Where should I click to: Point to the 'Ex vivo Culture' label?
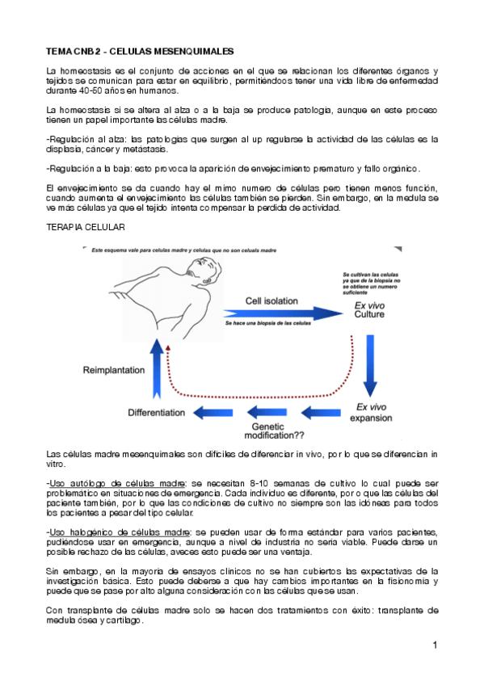[x=369, y=309]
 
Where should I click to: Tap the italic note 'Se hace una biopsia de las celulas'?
[x=267, y=323]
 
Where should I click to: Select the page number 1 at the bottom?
[x=435, y=645]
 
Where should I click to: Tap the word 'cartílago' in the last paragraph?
[x=121, y=620]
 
